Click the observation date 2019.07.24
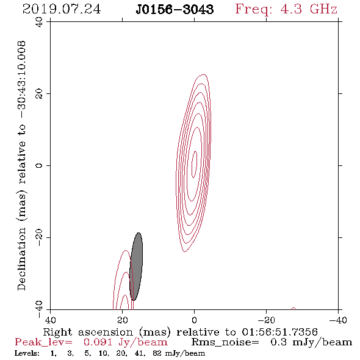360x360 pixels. [62, 9]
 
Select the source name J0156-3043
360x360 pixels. [175, 10]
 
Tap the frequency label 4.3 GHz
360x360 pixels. [309, 9]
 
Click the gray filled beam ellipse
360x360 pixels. [136, 267]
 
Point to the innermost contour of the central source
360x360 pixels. [195, 164]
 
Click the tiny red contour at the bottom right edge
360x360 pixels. [293, 309]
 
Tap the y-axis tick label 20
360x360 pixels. [39, 94]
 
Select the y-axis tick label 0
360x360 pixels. [39, 165]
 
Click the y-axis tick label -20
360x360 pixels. [39, 237]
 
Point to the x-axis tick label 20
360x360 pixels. [123, 320]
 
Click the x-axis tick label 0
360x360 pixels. [195, 320]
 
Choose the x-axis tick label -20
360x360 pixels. [266, 320]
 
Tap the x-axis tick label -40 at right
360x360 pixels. [338, 320]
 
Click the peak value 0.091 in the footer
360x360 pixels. [98, 342]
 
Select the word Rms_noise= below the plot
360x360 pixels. [225, 342]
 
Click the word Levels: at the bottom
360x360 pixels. [27, 353]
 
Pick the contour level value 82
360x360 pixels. [157, 353]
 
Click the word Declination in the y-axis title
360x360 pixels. [21, 259]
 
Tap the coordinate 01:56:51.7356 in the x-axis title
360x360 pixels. [279, 332]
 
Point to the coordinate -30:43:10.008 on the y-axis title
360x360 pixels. [22, 80]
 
